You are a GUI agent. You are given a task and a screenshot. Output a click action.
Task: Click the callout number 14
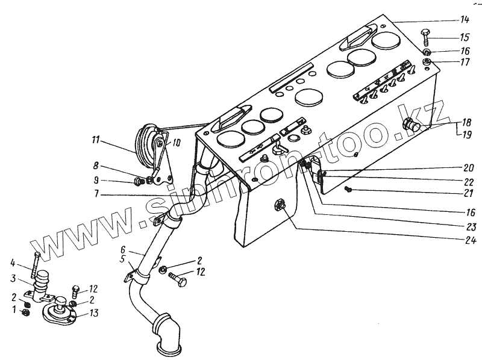[465, 19]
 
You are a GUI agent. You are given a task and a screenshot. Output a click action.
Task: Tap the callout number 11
[95, 142]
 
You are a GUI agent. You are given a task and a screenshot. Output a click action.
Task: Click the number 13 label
[95, 313]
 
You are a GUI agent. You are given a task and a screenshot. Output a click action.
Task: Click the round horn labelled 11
[146, 146]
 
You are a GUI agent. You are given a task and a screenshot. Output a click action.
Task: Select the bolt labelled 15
[425, 36]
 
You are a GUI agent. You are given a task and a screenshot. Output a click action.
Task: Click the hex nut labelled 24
[280, 205]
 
